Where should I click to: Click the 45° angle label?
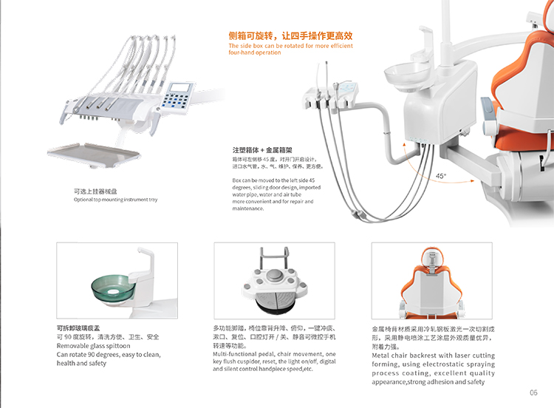pyautogui.click(x=440, y=176)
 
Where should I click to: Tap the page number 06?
pyautogui.click(x=533, y=392)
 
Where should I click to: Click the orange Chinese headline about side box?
pyautogui.click(x=290, y=35)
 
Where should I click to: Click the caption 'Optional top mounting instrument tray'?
pyautogui.click(x=115, y=200)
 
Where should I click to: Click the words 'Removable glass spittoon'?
pyautogui.click(x=92, y=345)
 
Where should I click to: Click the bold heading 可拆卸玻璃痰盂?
pyautogui.click(x=82, y=327)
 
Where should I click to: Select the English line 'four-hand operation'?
pyautogui.click(x=255, y=52)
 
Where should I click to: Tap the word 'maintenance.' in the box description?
pyautogui.click(x=248, y=208)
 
